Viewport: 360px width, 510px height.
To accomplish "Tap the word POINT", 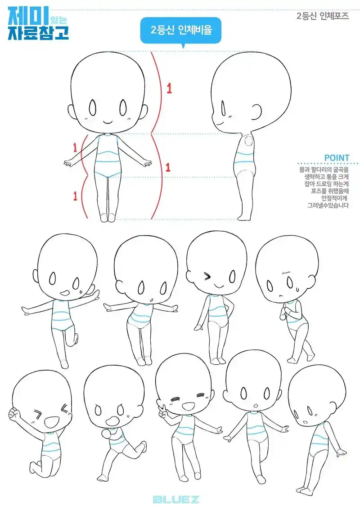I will pyautogui.click(x=337, y=158).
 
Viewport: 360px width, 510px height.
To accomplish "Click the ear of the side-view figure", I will pyautogui.click(x=257, y=111).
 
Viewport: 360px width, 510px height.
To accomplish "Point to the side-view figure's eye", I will pyautogui.click(x=223, y=108).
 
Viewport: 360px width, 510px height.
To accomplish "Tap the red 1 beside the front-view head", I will pyautogui.click(x=169, y=88).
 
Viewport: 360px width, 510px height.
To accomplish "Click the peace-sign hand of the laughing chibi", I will pyautogui.click(x=162, y=410).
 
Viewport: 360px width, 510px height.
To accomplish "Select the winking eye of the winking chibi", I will pyautogui.click(x=207, y=276).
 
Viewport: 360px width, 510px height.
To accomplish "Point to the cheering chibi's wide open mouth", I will pyautogui.click(x=50, y=422).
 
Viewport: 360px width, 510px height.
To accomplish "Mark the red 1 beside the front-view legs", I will pyautogui.click(x=75, y=196).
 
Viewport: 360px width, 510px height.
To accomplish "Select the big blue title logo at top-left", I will pyautogui.click(x=38, y=22).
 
